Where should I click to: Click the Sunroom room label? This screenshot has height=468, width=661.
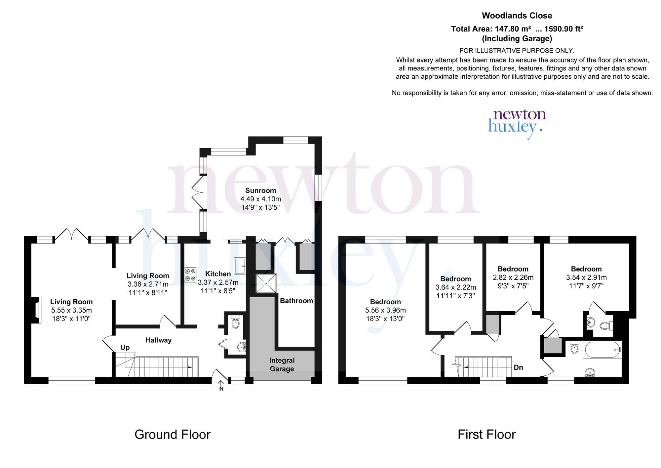click(x=260, y=191)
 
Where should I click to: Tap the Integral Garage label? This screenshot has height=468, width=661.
click(x=282, y=364)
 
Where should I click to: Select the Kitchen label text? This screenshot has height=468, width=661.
click(x=218, y=274)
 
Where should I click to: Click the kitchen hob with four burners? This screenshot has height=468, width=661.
click(x=190, y=275)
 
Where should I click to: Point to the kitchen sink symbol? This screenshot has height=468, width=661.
click(x=240, y=266)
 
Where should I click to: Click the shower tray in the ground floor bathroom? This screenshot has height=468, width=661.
click(x=266, y=283)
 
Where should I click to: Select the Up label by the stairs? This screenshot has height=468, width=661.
click(x=125, y=347)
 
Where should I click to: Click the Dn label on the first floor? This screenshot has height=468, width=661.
click(x=518, y=367)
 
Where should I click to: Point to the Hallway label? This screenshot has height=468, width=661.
click(x=159, y=340)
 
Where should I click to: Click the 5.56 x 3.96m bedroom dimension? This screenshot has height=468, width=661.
click(x=385, y=310)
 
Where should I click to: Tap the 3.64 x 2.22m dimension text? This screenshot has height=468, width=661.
click(x=455, y=287)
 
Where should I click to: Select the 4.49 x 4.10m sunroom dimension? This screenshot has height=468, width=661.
click(x=260, y=199)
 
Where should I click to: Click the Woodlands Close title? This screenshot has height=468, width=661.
click(x=517, y=16)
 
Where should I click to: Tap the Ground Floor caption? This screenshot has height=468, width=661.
click(x=172, y=434)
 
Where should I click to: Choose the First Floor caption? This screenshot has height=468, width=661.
click(x=486, y=434)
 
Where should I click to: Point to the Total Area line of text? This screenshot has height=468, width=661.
click(x=517, y=29)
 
